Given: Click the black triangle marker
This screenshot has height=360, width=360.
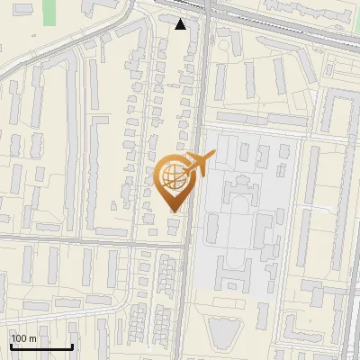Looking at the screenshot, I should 181,24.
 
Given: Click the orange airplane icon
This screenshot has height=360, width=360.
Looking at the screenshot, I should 199,164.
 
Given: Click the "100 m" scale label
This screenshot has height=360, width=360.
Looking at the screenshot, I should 24,338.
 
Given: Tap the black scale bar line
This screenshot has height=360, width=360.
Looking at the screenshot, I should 40,347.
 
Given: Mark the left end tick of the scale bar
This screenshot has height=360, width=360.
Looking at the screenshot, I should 10,346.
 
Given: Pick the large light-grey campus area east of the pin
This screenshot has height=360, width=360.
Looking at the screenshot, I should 247,216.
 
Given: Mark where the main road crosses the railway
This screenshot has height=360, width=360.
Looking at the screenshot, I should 205,13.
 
